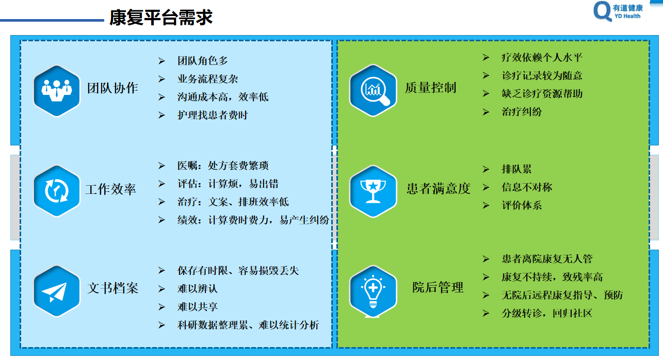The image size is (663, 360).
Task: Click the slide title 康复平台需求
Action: click(161, 17)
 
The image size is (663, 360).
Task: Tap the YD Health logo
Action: click(618, 11)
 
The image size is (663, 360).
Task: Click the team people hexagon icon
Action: click(57, 91)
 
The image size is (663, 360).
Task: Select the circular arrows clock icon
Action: click(57, 191)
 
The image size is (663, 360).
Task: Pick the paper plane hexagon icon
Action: click(57, 291)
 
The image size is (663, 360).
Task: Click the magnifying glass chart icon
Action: click(373, 91)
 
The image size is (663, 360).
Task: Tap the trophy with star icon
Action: click(373, 191)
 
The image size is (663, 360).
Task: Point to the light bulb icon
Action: click(373, 291)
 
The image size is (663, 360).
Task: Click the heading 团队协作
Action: click(112, 88)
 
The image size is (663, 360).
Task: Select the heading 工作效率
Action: click(111, 189)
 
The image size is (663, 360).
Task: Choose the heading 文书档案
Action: click(113, 288)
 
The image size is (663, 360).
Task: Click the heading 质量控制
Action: click(431, 88)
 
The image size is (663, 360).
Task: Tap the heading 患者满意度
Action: click(439, 188)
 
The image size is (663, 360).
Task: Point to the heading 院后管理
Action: click(438, 287)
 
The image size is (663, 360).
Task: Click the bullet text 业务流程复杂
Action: click(208, 79)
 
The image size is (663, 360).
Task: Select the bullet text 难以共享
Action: click(198, 307)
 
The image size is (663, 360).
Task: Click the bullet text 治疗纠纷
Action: click(522, 112)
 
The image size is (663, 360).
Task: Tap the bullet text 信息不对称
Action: click(527, 187)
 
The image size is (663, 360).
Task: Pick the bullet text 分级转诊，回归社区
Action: click(547, 313)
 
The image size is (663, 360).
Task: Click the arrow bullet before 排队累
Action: click(486, 169)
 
